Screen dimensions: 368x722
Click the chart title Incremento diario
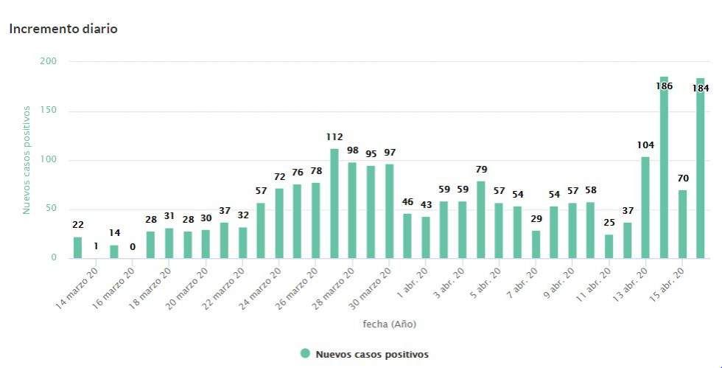pyautogui.click(x=63, y=29)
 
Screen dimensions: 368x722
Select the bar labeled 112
pyautogui.click(x=334, y=204)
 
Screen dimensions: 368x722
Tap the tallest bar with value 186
pyautogui.click(x=664, y=167)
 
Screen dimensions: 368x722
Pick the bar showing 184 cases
pyautogui.click(x=701, y=168)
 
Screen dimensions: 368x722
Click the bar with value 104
pyautogui.click(x=645, y=207)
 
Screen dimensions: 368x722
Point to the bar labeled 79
pyautogui.click(x=481, y=220)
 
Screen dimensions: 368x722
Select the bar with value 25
pyautogui.click(x=609, y=246)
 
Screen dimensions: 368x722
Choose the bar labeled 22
pyautogui.click(x=78, y=248)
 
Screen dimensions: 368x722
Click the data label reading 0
pyautogui.click(x=133, y=246)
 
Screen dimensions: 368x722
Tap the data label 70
pyautogui.click(x=682, y=178)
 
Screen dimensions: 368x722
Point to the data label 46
pyautogui.click(x=408, y=201)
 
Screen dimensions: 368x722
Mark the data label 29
pyautogui.click(x=536, y=218)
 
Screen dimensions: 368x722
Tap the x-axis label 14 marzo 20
pyautogui.click(x=77, y=288)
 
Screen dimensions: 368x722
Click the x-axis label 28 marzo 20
pyautogui.click(x=334, y=288)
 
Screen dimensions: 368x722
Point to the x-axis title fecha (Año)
pyautogui.click(x=389, y=324)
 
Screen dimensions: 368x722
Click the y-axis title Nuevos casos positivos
pyautogui.click(x=27, y=159)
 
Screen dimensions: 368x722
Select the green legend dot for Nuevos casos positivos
pyautogui.click(x=305, y=354)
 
